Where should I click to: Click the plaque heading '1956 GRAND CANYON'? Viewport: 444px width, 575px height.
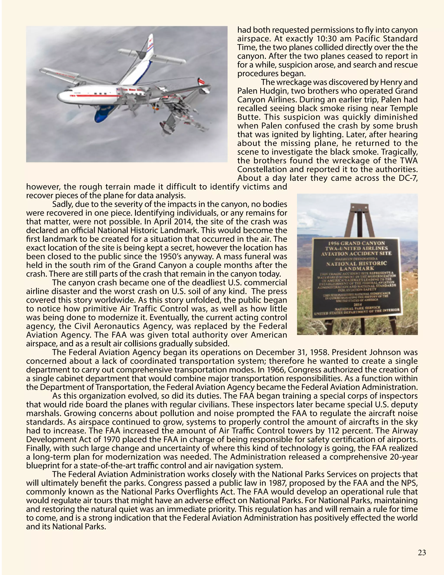pyautogui.click(x=357, y=243)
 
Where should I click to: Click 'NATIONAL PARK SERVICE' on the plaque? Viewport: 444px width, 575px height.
pyautogui.click(x=357, y=308)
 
